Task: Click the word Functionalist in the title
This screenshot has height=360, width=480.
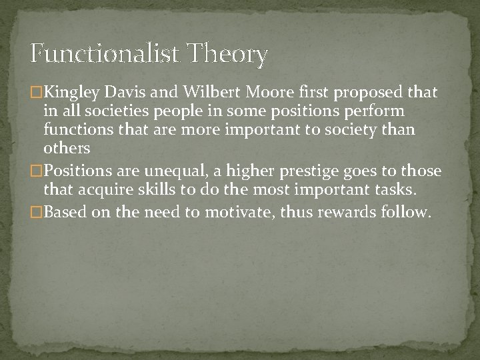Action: [105, 54]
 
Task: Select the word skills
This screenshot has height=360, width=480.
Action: [157, 190]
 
